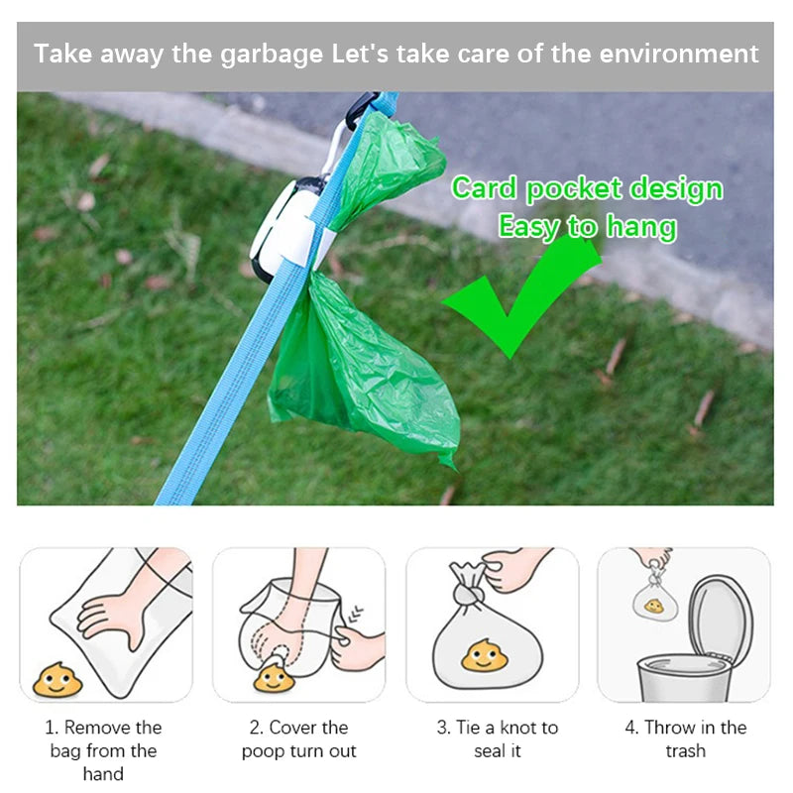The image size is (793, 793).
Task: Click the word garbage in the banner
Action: coord(272,55)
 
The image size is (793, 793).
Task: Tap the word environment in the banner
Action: coord(679,54)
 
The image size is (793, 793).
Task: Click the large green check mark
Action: coord(521,298)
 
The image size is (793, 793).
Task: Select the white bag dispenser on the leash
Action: coord(285,230)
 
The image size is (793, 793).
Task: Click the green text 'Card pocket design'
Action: coord(587,188)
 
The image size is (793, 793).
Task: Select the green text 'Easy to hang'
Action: coord(587,227)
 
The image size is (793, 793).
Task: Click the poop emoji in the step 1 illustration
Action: coord(57,680)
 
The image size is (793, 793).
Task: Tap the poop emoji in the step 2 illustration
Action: coord(274,678)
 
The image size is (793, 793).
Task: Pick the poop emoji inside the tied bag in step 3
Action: coord(484,656)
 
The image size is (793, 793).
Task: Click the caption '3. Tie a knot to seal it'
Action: coord(498,739)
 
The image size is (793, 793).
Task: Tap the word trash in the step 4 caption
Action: coord(685,751)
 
